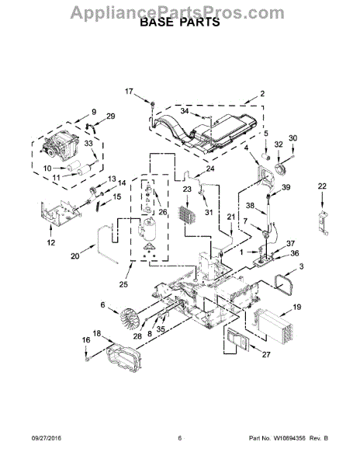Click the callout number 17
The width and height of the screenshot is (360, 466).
point(129,92)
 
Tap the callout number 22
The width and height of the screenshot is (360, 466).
point(322,186)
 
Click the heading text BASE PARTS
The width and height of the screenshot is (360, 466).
point(180,22)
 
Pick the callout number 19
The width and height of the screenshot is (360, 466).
point(297,307)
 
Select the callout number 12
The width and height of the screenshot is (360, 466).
point(51,242)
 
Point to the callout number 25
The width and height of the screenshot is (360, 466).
point(123,284)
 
